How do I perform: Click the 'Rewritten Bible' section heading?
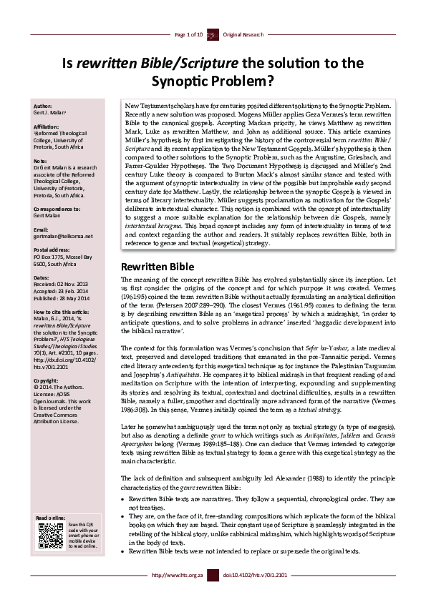[152, 266]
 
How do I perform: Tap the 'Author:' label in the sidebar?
[44, 104]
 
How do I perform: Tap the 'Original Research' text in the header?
[243, 34]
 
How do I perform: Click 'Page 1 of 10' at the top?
[189, 34]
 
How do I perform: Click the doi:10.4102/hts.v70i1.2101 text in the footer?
[256, 594]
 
